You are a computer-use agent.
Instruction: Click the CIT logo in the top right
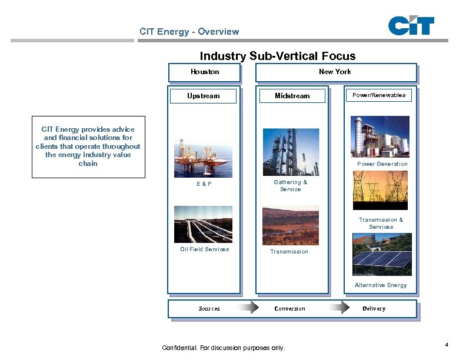[411, 26]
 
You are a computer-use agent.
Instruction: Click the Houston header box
[205, 72]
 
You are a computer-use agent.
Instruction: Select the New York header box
[335, 72]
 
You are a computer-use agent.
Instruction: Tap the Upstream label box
[203, 96]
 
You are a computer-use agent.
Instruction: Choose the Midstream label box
[292, 96]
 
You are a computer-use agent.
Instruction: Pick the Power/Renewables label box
[379, 95]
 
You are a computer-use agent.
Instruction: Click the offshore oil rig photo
[203, 157]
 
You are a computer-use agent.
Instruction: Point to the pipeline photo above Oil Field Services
[203, 224]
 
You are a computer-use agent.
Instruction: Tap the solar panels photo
[382, 254]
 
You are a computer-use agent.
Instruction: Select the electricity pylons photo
[380, 190]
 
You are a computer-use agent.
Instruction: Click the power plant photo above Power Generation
[380, 136]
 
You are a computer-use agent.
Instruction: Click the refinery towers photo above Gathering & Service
[291, 152]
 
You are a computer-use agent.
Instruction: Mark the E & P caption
[204, 184]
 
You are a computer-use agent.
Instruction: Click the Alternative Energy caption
[381, 285]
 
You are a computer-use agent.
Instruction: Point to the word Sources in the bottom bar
[209, 309]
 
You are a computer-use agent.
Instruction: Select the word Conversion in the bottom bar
[290, 309]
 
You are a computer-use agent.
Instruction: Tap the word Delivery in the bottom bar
[374, 309]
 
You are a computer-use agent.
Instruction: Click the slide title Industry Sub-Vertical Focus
[278, 56]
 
